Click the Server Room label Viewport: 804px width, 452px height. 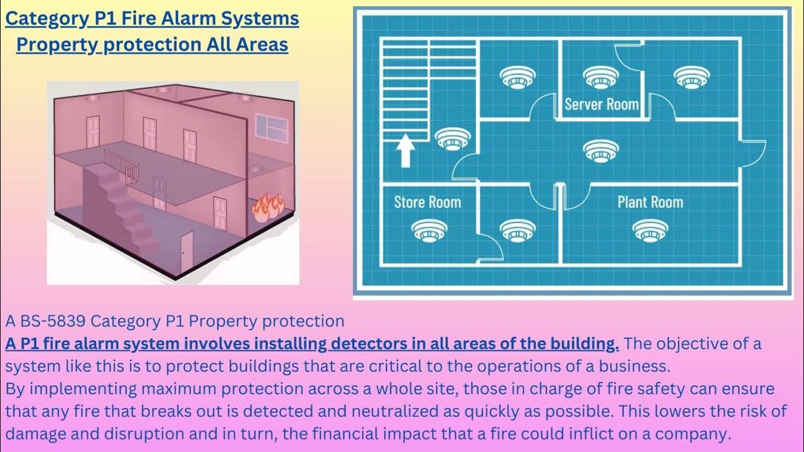601,104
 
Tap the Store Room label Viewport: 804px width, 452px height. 427,202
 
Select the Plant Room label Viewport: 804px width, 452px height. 649,202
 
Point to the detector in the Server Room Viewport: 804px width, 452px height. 601,77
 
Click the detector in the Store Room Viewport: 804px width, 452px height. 429,230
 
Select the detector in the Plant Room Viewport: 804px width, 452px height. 650,230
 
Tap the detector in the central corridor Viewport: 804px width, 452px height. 601,150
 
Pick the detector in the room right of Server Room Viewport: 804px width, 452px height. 692,77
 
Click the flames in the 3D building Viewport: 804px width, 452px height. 268,207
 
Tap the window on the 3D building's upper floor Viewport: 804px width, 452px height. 273,129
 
